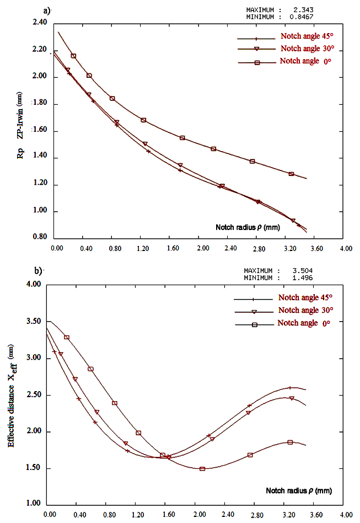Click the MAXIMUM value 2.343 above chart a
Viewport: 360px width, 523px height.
[303, 9]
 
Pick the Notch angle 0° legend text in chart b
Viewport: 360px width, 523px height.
[304, 323]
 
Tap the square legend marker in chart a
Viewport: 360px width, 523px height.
[257, 63]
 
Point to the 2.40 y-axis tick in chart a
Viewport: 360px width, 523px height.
[40, 23]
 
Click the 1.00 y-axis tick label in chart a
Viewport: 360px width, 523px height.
[40, 212]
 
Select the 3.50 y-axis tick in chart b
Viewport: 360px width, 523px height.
[34, 322]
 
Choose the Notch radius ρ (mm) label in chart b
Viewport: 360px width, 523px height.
[298, 490]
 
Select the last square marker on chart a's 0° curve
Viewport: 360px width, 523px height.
[291, 174]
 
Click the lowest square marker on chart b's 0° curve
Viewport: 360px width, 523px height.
[202, 469]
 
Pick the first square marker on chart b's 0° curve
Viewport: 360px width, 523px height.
[67, 337]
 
